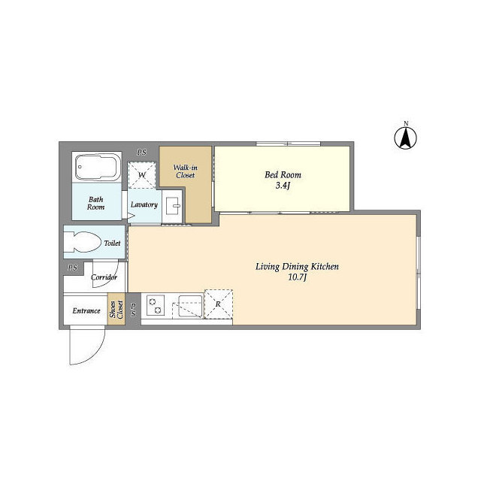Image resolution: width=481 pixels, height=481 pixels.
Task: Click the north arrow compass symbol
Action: click(x=405, y=138)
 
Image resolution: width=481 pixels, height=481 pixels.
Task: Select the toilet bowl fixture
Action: click(x=83, y=242)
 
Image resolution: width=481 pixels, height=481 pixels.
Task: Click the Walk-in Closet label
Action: click(x=186, y=171)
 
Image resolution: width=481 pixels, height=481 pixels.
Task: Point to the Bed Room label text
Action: click(x=283, y=175)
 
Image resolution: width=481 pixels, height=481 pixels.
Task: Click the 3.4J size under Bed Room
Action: click(x=283, y=186)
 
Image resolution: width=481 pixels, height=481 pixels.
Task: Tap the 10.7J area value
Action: click(x=298, y=277)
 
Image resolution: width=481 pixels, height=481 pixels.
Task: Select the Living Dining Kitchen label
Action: click(x=298, y=267)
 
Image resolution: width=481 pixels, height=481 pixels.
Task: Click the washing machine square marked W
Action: click(x=142, y=175)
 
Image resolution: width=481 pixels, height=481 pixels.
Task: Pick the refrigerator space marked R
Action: click(x=219, y=304)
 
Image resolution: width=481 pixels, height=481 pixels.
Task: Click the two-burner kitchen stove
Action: click(x=156, y=305)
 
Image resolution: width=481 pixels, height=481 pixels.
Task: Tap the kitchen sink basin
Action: click(x=190, y=306)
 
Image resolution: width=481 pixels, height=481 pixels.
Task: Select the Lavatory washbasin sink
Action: click(x=173, y=206)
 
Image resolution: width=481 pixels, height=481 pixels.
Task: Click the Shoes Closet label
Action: click(x=116, y=309)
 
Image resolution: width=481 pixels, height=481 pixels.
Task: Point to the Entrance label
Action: click(x=86, y=310)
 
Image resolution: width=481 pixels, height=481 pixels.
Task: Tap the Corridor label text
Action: click(x=104, y=277)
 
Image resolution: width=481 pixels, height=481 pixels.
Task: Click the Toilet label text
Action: click(x=112, y=243)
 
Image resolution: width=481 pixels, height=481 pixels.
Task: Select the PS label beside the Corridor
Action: click(x=73, y=268)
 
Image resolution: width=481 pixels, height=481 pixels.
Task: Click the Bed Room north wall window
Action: click(x=289, y=144)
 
